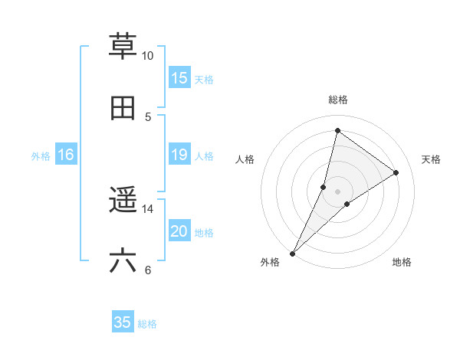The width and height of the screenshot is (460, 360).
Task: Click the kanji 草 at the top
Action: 123,46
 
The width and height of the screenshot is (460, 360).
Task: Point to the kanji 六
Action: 123,261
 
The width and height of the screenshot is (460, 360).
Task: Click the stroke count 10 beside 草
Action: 148,56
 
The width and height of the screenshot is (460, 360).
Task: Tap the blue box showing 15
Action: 179,78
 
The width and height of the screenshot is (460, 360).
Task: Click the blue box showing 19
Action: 179,155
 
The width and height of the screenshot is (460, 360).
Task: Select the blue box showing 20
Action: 179,231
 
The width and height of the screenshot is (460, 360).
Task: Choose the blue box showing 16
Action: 66,155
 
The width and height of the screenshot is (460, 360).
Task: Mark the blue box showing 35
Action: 123,322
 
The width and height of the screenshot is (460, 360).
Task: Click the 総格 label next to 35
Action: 147,324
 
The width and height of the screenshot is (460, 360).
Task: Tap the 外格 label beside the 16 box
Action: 41,156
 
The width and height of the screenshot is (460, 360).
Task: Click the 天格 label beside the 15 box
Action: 203,80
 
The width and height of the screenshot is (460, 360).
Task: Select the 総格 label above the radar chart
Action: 338,100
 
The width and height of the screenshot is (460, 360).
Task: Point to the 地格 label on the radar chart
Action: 402,263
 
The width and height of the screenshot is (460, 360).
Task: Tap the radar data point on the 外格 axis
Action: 293,253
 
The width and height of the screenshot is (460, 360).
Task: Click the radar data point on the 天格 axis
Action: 396,172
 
